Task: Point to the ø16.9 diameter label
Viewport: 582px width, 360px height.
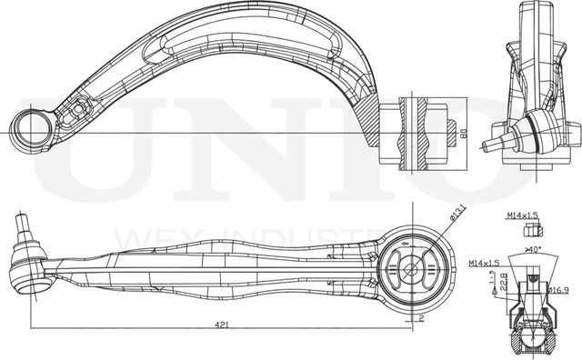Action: tap(558, 291)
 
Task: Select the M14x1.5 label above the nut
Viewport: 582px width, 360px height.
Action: tap(520, 215)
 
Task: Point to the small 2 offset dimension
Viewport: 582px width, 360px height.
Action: tap(421, 319)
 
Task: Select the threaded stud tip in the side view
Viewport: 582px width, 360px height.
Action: tap(21, 221)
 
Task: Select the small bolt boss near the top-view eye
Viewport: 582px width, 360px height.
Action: tap(76, 109)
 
